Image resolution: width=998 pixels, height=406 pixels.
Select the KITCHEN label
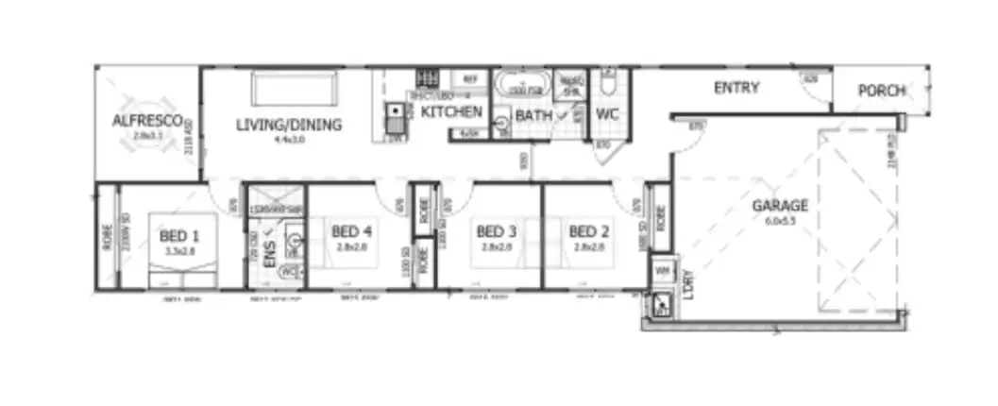pos(451,112)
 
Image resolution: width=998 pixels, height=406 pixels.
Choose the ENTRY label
pos(736,88)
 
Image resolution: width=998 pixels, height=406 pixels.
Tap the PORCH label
pos(882,91)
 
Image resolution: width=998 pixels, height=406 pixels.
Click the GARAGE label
pos(780,205)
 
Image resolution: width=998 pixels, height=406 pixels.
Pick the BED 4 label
pos(350,231)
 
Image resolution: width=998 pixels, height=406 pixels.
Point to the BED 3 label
pos(496,231)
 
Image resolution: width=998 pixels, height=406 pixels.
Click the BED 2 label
pos(587,231)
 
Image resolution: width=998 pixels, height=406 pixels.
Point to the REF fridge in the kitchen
pos(469,79)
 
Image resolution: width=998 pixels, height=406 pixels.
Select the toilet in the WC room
pos(607,83)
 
